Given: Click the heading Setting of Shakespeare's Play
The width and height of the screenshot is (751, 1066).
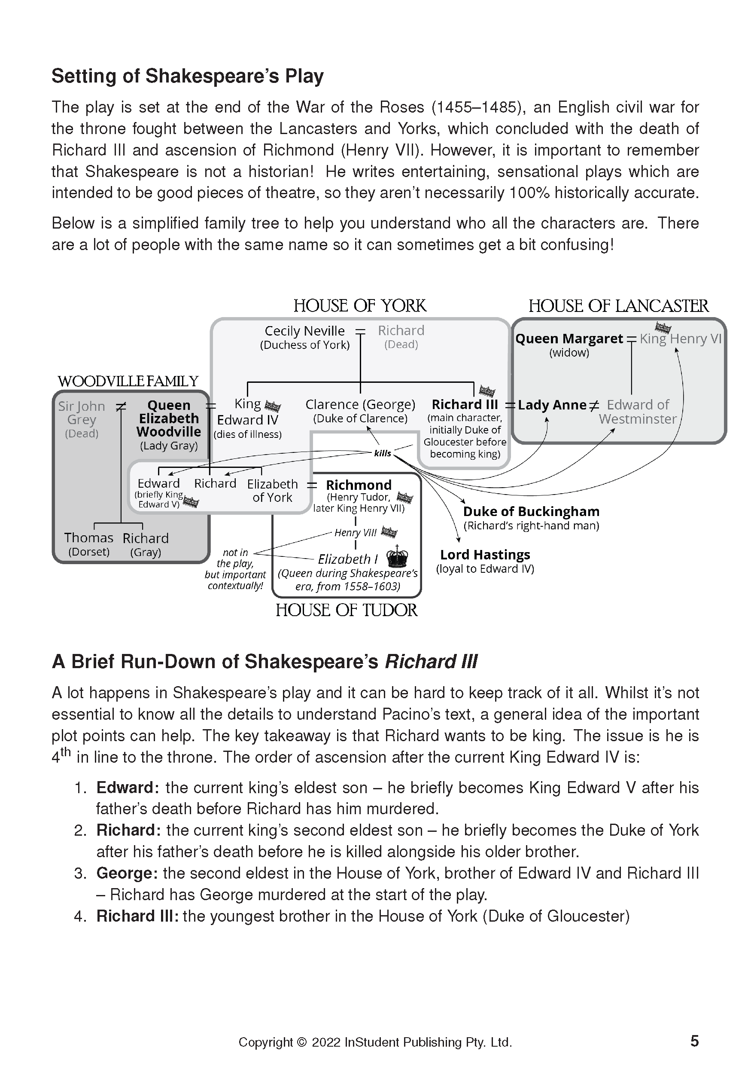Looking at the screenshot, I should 187,76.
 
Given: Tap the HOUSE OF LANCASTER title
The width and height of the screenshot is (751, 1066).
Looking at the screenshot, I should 618,306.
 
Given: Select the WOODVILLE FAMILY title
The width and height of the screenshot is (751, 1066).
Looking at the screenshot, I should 128,382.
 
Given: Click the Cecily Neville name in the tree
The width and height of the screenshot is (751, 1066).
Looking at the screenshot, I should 304,331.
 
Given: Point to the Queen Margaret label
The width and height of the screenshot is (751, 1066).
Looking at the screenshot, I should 569,339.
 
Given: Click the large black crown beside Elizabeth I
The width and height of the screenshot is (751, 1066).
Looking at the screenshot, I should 397,557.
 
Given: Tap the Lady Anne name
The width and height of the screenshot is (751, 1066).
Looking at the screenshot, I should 552,405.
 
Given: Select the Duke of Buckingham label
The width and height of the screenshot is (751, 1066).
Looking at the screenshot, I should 531,512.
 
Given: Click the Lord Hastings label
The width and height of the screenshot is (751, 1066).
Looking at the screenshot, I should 485,555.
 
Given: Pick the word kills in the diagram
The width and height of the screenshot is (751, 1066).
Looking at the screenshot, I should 382,454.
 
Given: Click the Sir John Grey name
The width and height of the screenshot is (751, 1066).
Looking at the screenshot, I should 82,413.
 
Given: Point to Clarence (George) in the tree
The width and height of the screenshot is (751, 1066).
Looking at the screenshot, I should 360,405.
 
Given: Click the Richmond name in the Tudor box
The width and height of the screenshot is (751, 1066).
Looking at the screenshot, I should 359,485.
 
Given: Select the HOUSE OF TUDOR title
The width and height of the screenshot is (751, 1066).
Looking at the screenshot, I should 346,610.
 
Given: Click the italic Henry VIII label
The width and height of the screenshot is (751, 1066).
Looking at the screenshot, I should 356,533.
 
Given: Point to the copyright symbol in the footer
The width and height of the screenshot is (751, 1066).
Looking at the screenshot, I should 301,1042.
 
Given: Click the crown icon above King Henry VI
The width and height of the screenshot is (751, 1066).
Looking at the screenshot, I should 663,328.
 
